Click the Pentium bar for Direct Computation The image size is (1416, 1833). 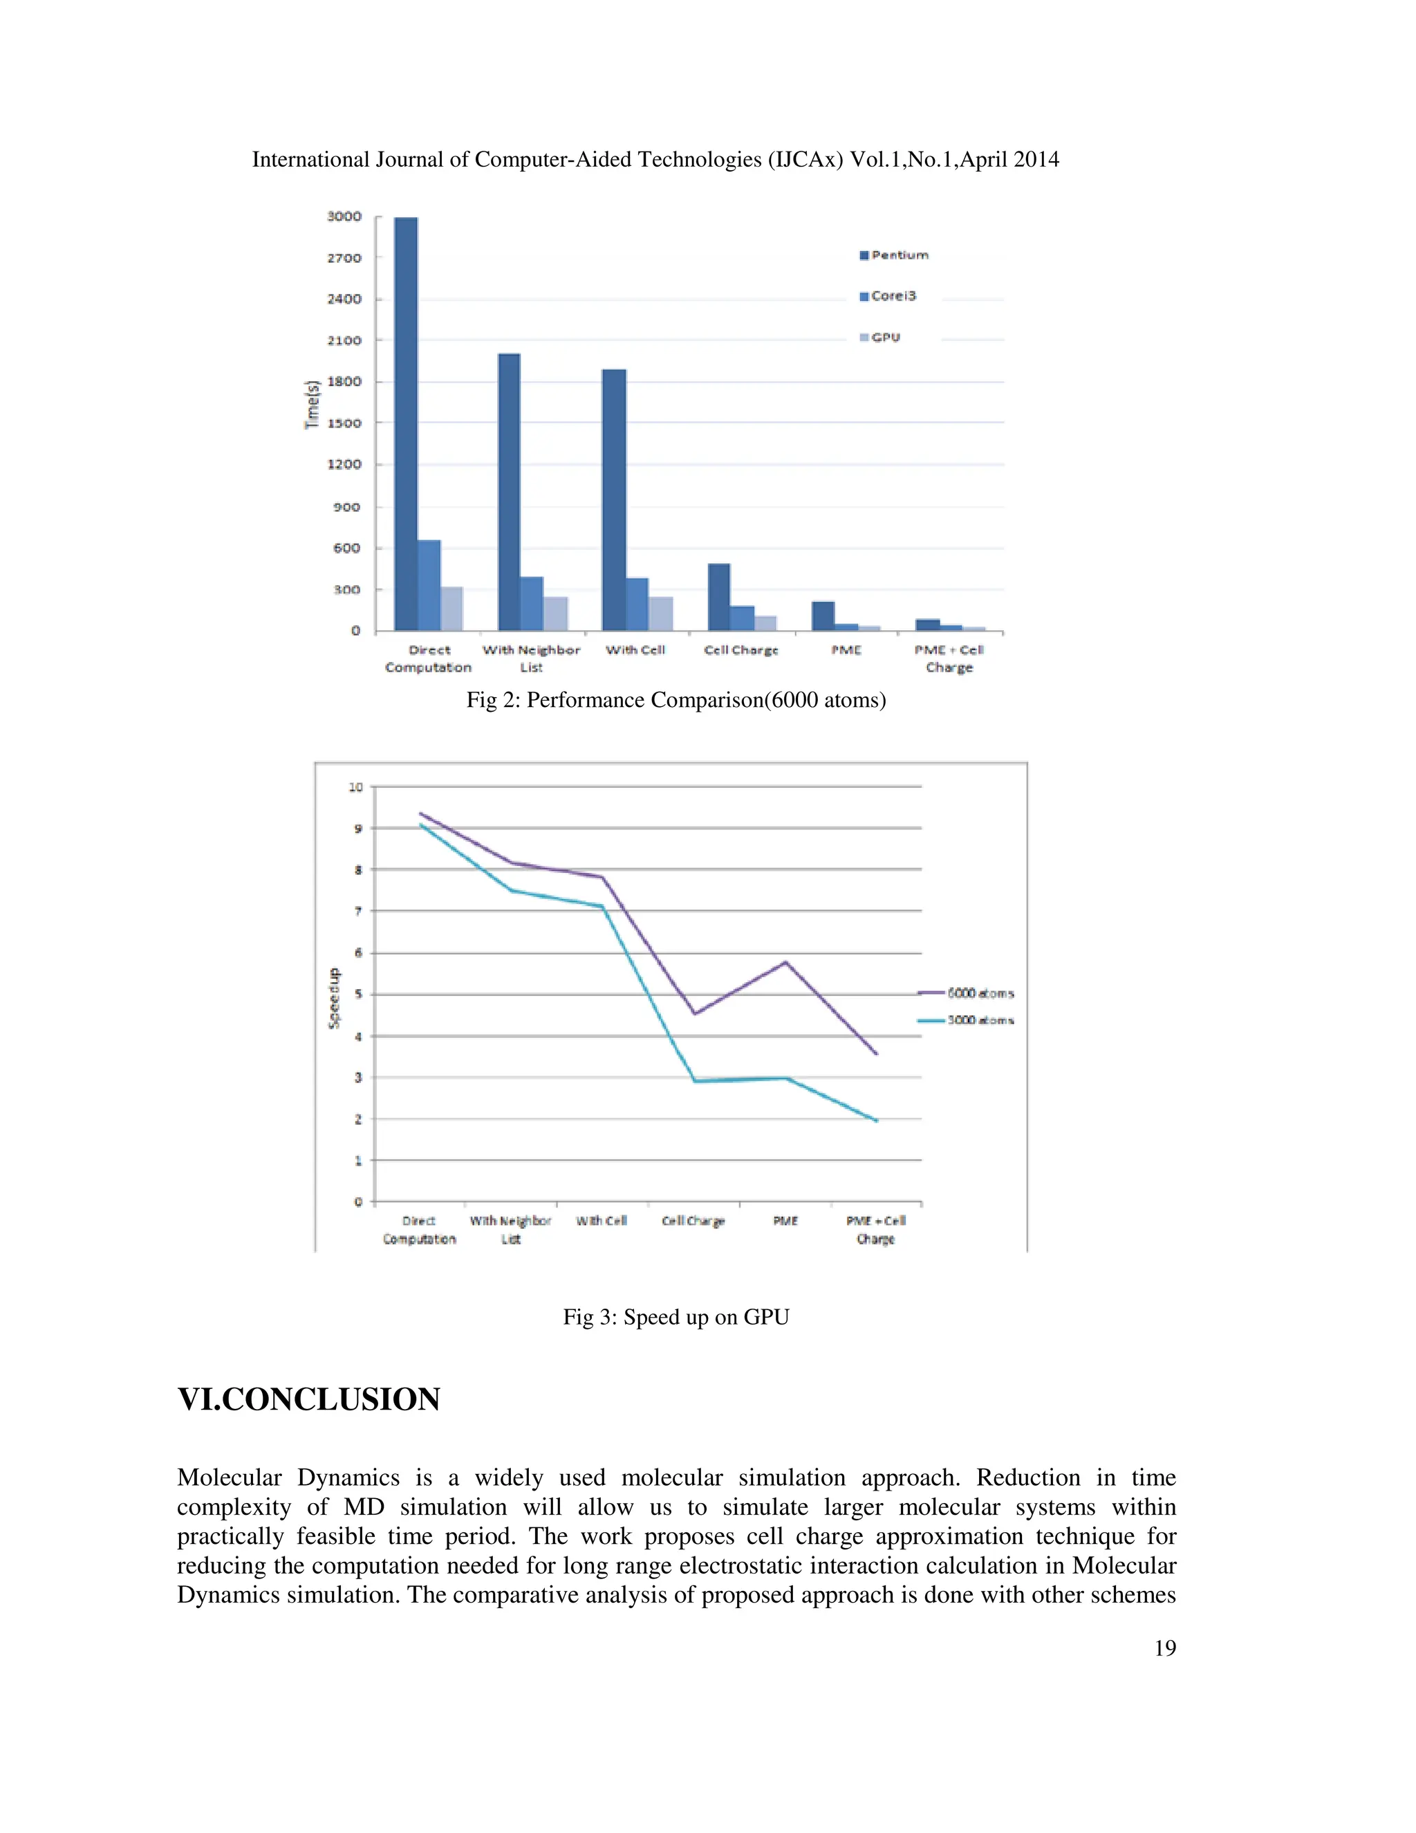pyautogui.click(x=406, y=424)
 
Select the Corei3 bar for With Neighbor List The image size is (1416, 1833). pyautogui.click(x=532, y=603)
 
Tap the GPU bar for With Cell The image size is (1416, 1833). pyautogui.click(x=660, y=614)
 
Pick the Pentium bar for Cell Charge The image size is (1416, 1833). pyautogui.click(x=719, y=597)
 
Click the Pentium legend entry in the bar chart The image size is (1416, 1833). pyautogui.click(x=894, y=255)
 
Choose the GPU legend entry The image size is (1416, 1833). pyautogui.click(x=880, y=338)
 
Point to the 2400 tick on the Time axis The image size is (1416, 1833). pyautogui.click(x=344, y=299)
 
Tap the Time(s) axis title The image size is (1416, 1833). pyautogui.click(x=312, y=405)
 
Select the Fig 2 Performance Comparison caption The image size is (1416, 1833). pyautogui.click(x=676, y=700)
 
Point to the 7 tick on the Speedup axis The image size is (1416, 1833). pyautogui.click(x=358, y=911)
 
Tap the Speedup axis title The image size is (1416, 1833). pyautogui.click(x=334, y=998)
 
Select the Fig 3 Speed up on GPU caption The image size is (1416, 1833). pyautogui.click(x=676, y=1317)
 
